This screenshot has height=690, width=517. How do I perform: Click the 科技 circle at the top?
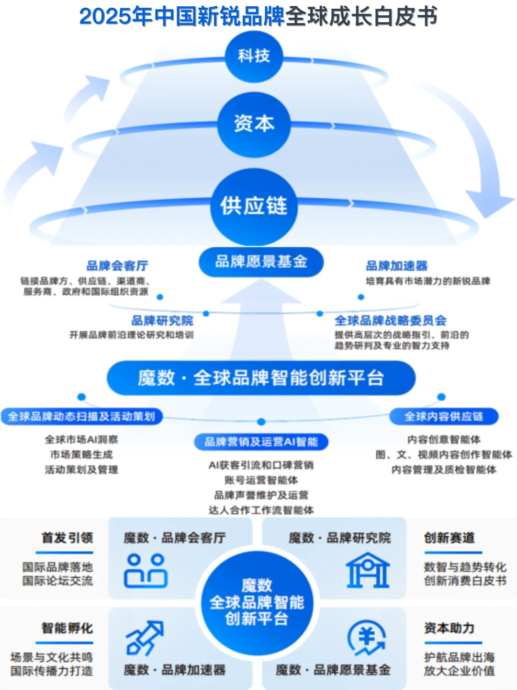(254, 56)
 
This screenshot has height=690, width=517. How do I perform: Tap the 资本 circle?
(254, 124)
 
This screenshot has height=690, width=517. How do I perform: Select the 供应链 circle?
(254, 206)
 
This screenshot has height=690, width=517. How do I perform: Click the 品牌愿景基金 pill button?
(261, 262)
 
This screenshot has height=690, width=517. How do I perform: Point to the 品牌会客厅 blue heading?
(117, 266)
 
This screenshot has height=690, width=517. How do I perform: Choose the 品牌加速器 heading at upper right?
(396, 266)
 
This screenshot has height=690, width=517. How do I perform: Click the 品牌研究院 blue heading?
(162, 320)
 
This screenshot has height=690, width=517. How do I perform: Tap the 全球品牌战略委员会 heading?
(390, 320)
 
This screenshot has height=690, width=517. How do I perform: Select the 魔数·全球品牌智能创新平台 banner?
(261, 378)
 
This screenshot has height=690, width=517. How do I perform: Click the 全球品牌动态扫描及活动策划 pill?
(81, 416)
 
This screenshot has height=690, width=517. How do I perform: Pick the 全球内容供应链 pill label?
(444, 416)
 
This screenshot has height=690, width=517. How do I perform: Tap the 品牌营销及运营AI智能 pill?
(261, 442)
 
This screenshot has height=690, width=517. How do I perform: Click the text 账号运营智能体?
(261, 480)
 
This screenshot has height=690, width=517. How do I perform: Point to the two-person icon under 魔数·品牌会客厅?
(146, 571)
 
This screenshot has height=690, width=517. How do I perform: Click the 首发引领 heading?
(67, 538)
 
